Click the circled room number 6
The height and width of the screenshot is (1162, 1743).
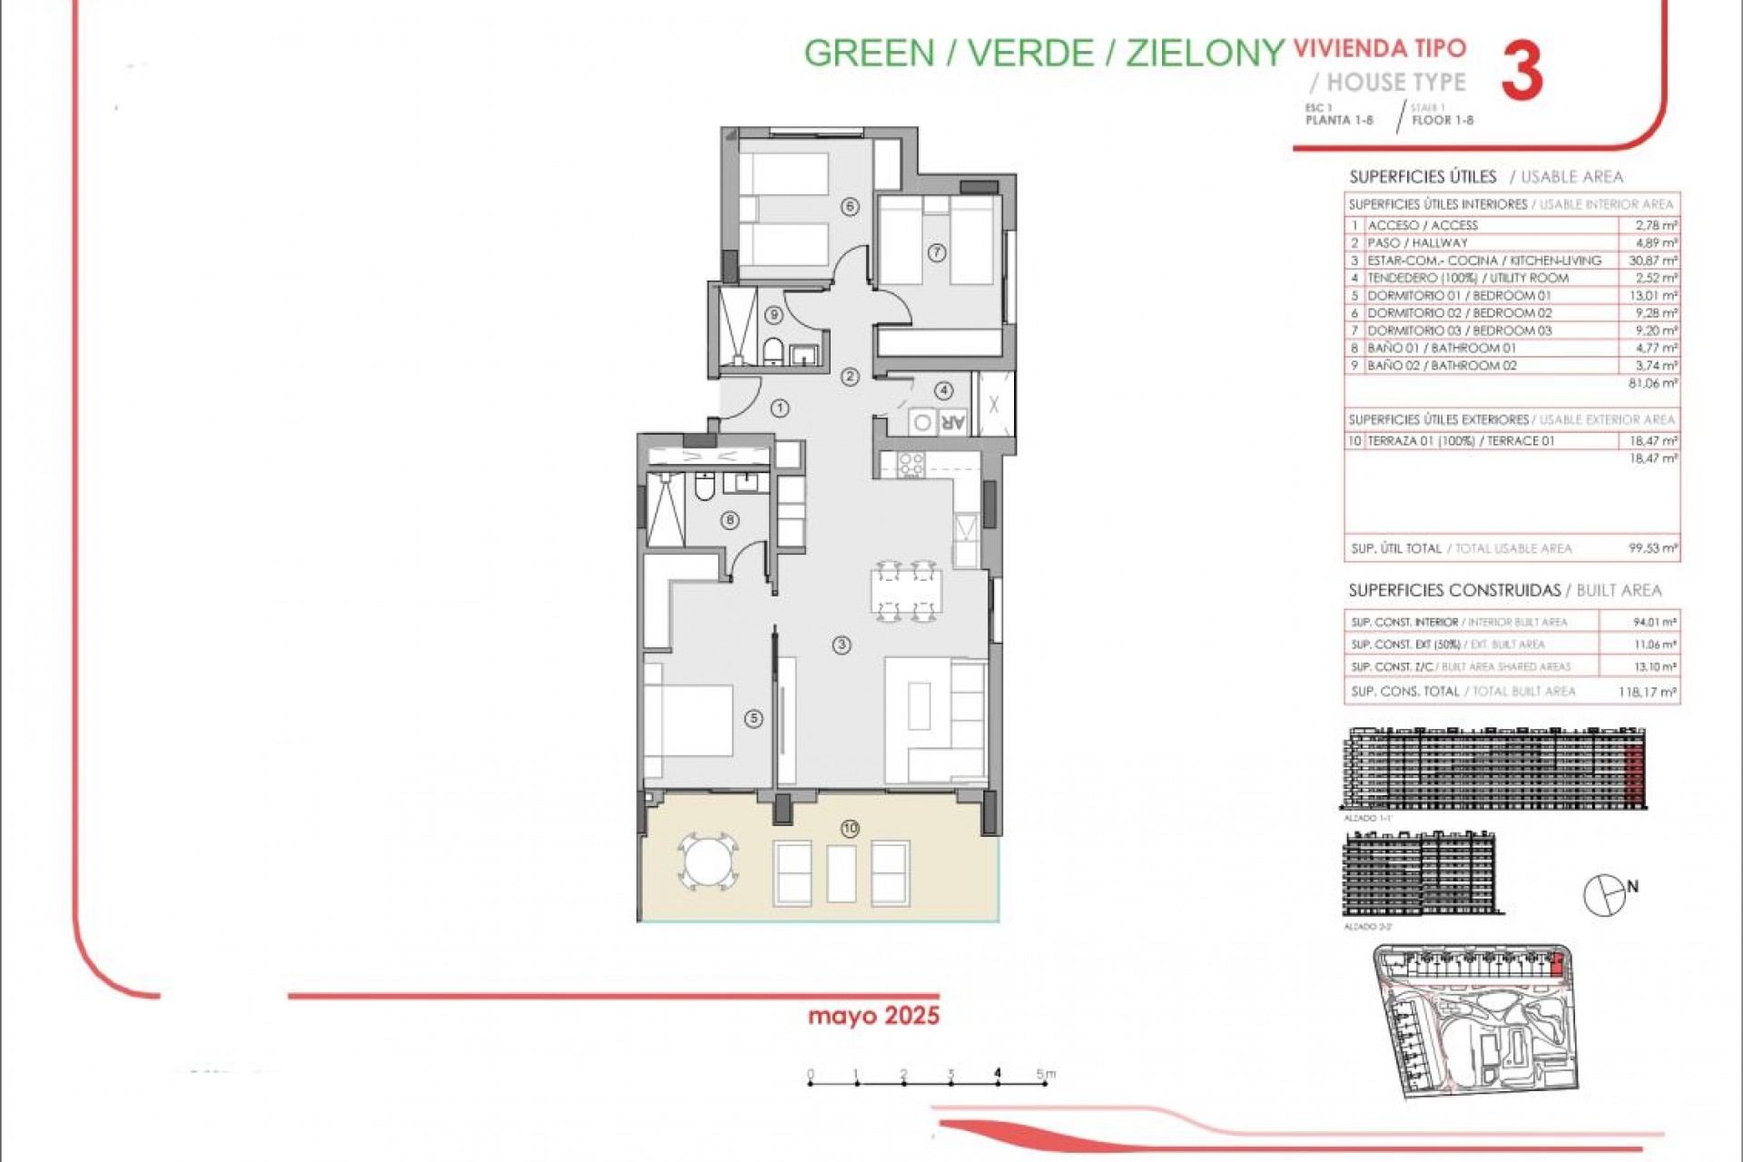pyautogui.click(x=850, y=207)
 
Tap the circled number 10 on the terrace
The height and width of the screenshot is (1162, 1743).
pyautogui.click(x=850, y=828)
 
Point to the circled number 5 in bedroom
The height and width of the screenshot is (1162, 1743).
pyautogui.click(x=753, y=718)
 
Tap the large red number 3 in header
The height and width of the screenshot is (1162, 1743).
pyautogui.click(x=1521, y=73)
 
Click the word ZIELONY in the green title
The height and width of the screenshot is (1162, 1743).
pyautogui.click(x=1206, y=53)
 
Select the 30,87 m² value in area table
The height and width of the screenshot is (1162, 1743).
pyautogui.click(x=1652, y=261)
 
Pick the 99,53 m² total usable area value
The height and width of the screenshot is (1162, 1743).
pyautogui.click(x=1652, y=548)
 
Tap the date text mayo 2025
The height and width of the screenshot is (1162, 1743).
pyautogui.click(x=873, y=1015)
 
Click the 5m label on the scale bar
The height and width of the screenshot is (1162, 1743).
pyautogui.click(x=1046, y=1074)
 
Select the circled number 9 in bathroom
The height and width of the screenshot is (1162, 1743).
pyautogui.click(x=773, y=315)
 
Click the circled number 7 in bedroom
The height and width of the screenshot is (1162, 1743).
pyautogui.click(x=937, y=253)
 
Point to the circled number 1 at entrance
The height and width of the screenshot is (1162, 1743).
pyautogui.click(x=780, y=409)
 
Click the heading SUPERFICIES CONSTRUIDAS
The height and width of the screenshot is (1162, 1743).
pyautogui.click(x=1454, y=591)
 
